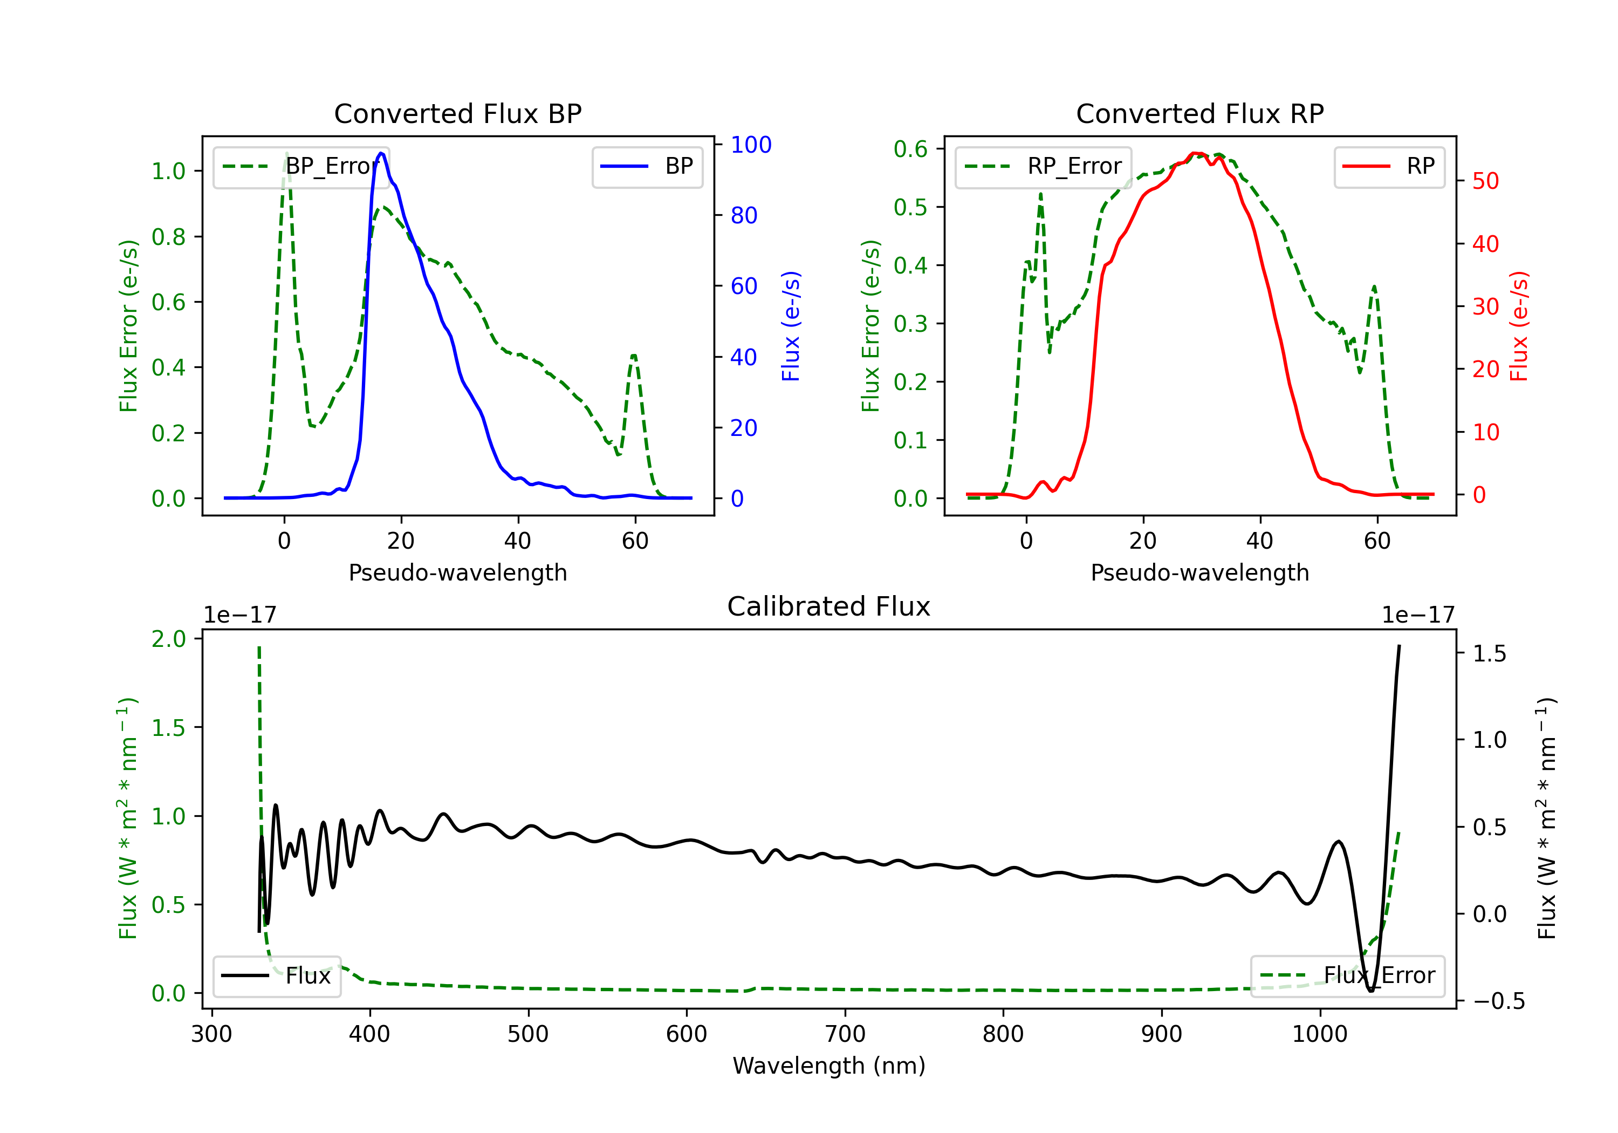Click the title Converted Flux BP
pyautogui.click(x=457, y=113)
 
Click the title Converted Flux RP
pyautogui.click(x=1199, y=113)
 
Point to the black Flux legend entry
pyautogui.click(x=276, y=976)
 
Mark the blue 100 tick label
pyautogui.click(x=751, y=145)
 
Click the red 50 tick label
pyautogui.click(x=1485, y=181)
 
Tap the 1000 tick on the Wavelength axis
pyautogui.click(x=1319, y=1034)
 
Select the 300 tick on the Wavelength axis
pyautogui.click(x=211, y=1034)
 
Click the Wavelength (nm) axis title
pyautogui.click(x=829, y=1066)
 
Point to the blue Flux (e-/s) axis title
pyautogui.click(x=791, y=326)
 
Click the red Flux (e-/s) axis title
pyautogui.click(x=1519, y=326)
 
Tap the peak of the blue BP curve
pyautogui.click(x=381, y=153)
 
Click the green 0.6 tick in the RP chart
pyautogui.click(x=910, y=149)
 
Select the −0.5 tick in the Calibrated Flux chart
pyautogui.click(x=1498, y=1001)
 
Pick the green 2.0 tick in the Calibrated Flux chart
pyautogui.click(x=168, y=639)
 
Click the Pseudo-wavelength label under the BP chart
pyautogui.click(x=457, y=572)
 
